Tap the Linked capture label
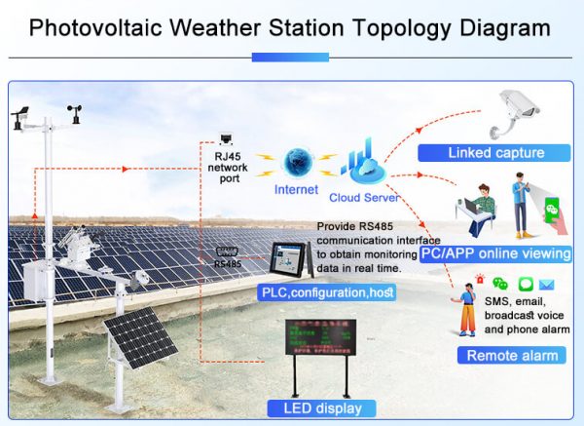click(495, 153)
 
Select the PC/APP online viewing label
click(495, 254)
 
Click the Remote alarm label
click(513, 355)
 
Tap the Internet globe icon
click(296, 162)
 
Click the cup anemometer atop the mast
click(73, 112)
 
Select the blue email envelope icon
click(547, 285)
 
